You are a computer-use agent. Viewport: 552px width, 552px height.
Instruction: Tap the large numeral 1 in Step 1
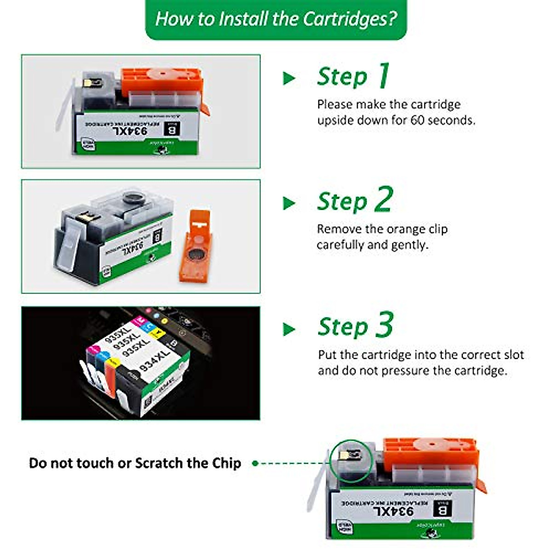pyautogui.click(x=383, y=76)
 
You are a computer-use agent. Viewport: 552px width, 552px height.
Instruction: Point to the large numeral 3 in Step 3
pyautogui.click(x=384, y=325)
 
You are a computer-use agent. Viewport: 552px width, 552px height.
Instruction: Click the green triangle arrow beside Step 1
pyautogui.click(x=289, y=78)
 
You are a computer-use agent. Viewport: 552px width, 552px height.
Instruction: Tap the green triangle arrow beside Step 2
pyautogui.click(x=289, y=203)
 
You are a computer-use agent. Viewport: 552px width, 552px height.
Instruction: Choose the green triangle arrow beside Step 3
pyautogui.click(x=289, y=329)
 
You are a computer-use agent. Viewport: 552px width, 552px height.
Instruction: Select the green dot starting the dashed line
pyautogui.click(x=255, y=463)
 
